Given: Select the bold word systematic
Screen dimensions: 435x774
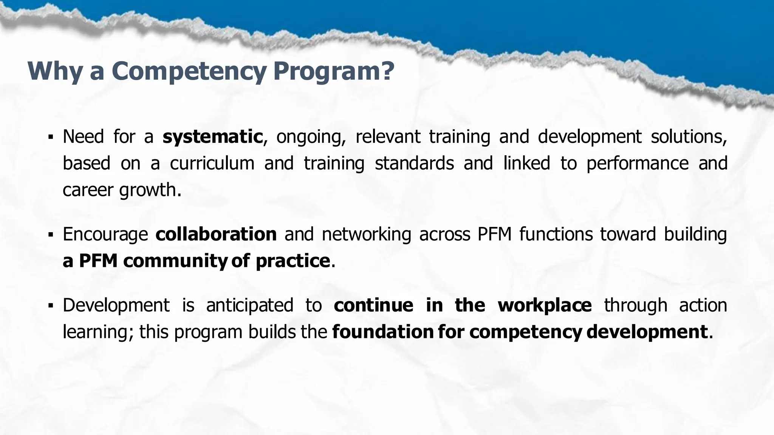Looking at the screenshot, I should tap(212, 137).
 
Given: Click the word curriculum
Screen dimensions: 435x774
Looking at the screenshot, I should tap(212, 164).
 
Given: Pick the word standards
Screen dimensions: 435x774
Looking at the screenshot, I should tap(414, 164).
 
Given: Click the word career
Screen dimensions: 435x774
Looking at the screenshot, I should tap(88, 190).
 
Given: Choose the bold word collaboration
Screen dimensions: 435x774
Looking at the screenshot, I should tap(216, 234).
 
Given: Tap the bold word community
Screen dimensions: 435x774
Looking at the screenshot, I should tap(174, 261).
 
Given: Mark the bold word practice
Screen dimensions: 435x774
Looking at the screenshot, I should tap(293, 261).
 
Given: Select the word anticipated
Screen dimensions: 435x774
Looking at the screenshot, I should tap(249, 305).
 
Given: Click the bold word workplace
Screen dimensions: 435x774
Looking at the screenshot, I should tap(545, 305).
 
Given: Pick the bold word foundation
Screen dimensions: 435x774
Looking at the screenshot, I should tap(382, 332).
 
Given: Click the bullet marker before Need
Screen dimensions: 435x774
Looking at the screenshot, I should tap(50, 137).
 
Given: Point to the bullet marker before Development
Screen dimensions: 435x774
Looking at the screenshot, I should tap(50, 305).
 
